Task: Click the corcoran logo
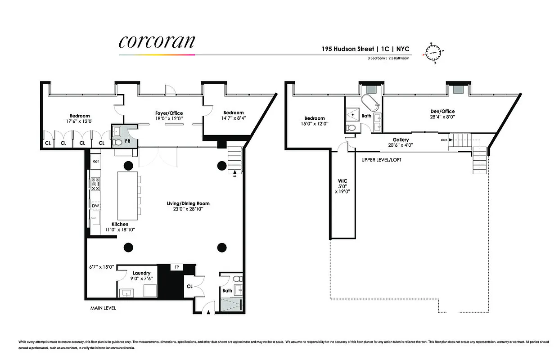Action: (157, 41)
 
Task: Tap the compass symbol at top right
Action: (433, 53)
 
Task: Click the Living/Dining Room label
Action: (188, 203)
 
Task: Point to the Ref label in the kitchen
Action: (95, 161)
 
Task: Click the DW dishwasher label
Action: (95, 206)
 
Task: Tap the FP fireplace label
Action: (177, 267)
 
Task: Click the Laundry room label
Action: (141, 273)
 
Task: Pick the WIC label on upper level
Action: (343, 181)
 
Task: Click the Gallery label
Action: (401, 140)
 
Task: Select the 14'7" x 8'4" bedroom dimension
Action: (233, 118)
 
